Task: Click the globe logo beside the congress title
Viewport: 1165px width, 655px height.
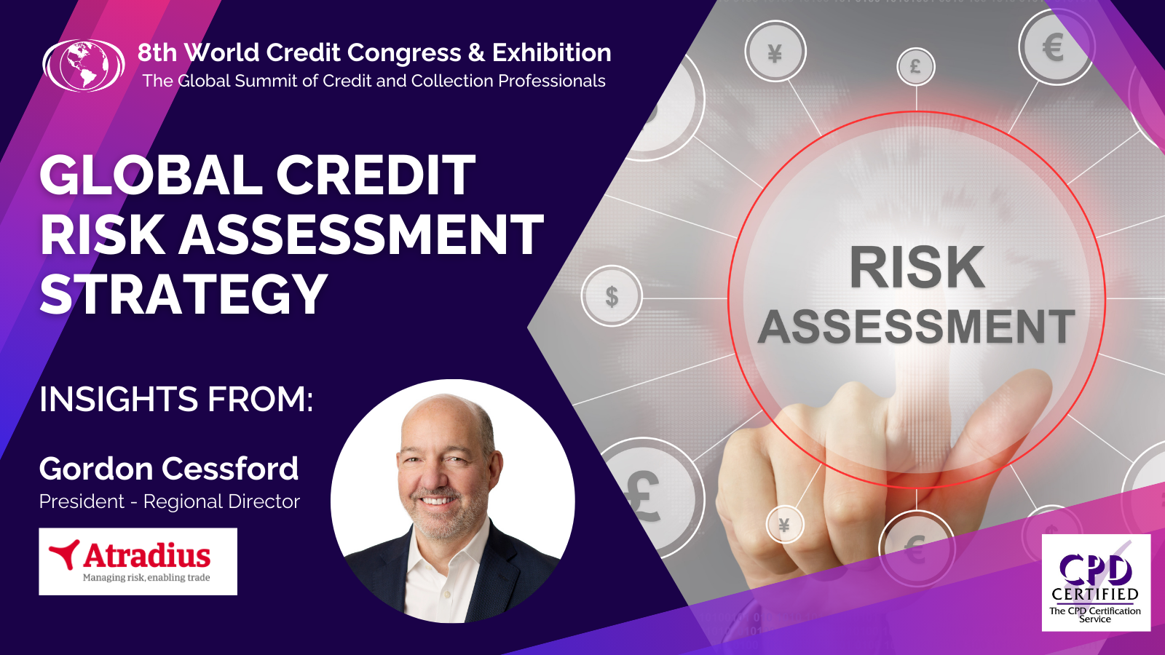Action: point(84,65)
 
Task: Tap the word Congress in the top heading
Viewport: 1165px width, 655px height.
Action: point(404,53)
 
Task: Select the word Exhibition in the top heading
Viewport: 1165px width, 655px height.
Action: point(551,52)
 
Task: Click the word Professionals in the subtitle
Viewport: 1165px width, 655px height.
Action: point(551,81)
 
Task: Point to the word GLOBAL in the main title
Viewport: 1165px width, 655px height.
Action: point(149,176)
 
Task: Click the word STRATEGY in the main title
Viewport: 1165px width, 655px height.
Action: point(183,294)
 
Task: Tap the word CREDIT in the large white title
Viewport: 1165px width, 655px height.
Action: point(375,176)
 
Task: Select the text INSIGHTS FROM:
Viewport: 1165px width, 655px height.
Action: point(176,399)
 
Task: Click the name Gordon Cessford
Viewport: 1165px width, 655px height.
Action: point(169,469)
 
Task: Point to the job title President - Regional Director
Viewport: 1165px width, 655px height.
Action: point(170,501)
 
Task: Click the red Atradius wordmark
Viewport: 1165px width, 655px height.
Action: point(147,556)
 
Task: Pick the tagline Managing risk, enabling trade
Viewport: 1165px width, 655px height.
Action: point(146,578)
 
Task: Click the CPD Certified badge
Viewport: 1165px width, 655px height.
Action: point(1096,582)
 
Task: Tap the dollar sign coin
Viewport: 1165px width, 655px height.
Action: point(612,296)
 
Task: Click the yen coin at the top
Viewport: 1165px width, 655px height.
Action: point(775,52)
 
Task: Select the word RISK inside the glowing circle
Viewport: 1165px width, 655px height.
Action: point(917,268)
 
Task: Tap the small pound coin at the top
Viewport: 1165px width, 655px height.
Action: point(915,67)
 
